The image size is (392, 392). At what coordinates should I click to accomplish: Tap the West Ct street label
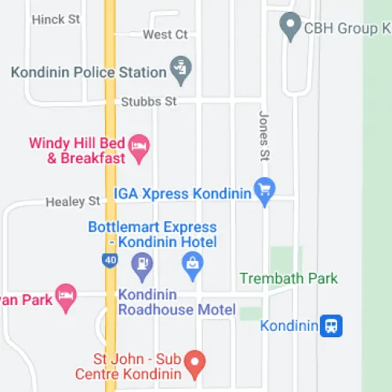(165, 34)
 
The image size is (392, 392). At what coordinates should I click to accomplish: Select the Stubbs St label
(148, 102)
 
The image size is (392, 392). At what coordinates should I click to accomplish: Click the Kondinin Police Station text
(89, 72)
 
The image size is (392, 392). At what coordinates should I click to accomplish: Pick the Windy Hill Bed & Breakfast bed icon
(140, 148)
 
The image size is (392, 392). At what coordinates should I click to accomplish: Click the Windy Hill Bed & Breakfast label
(77, 151)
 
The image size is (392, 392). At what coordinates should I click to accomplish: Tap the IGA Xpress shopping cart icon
(264, 191)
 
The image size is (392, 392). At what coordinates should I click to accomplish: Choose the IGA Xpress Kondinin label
(182, 192)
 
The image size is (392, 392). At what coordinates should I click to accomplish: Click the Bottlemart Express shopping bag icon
(193, 266)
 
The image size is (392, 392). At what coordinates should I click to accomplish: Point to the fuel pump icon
(142, 266)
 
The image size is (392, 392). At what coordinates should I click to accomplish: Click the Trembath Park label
(289, 278)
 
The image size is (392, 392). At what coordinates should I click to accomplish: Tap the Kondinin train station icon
(331, 325)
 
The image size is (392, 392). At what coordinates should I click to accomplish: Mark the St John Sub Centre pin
(196, 362)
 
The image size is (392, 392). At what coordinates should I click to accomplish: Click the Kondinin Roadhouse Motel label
(176, 302)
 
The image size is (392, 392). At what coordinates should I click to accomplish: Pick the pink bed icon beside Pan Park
(67, 296)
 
